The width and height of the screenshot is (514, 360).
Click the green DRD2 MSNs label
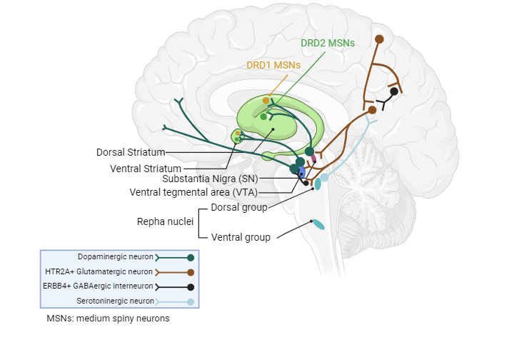(x=328, y=43)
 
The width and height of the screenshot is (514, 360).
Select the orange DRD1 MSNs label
(x=273, y=64)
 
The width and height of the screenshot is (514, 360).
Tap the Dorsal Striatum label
(x=131, y=152)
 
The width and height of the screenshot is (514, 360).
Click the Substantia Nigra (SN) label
(x=210, y=179)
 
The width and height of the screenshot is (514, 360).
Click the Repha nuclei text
(x=165, y=221)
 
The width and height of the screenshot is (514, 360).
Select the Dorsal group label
(x=239, y=207)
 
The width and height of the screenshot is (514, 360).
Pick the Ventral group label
(x=241, y=237)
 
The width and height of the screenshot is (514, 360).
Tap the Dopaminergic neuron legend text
(x=116, y=257)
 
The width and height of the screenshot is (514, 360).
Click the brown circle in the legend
(x=190, y=272)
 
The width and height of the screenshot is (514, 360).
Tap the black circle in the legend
(x=190, y=287)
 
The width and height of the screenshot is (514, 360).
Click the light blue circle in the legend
(x=190, y=302)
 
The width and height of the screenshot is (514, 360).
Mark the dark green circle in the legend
(x=190, y=257)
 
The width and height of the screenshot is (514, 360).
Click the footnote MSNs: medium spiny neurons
(x=108, y=319)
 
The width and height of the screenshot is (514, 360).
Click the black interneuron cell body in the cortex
(x=394, y=91)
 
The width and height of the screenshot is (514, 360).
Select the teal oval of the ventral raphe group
(x=318, y=224)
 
